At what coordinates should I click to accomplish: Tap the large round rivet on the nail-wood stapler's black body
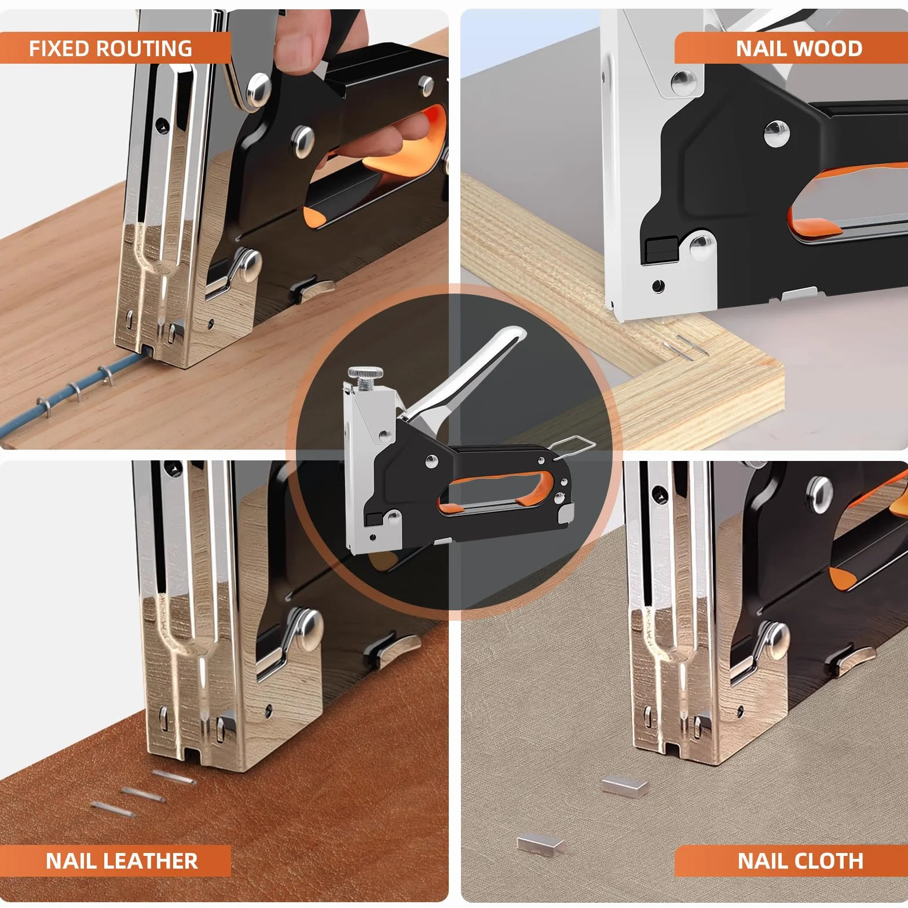(x=777, y=134)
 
